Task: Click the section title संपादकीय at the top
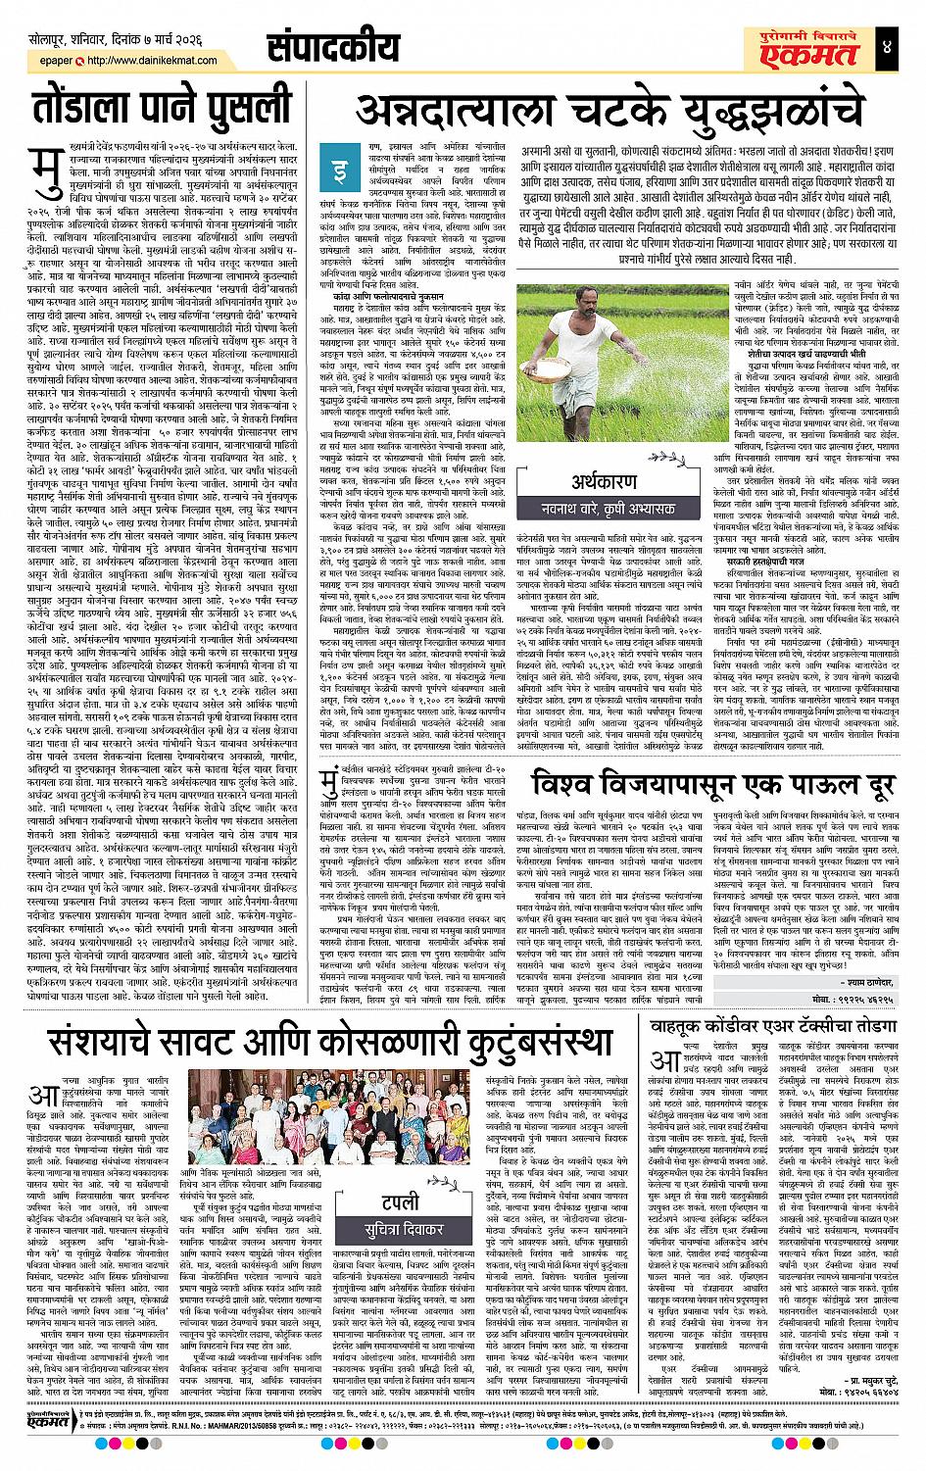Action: pyautogui.click(x=334, y=46)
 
